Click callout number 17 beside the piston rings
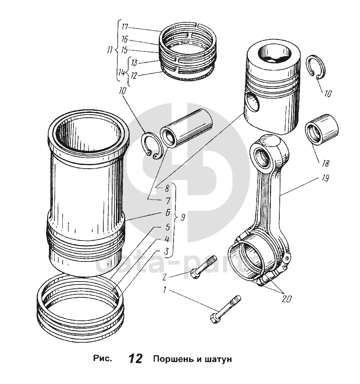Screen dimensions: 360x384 [x=125, y=27]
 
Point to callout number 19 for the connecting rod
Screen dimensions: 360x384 [x=325, y=179]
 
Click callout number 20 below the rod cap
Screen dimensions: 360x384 [x=287, y=298]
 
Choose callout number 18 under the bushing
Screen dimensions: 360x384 [x=325, y=164]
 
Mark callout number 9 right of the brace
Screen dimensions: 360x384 [x=183, y=218]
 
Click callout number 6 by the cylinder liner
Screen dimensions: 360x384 [x=167, y=212]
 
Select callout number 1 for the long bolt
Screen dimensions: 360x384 [x=165, y=290]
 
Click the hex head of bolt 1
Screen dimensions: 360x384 [x=213, y=318]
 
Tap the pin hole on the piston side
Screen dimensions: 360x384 [x=252, y=102]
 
